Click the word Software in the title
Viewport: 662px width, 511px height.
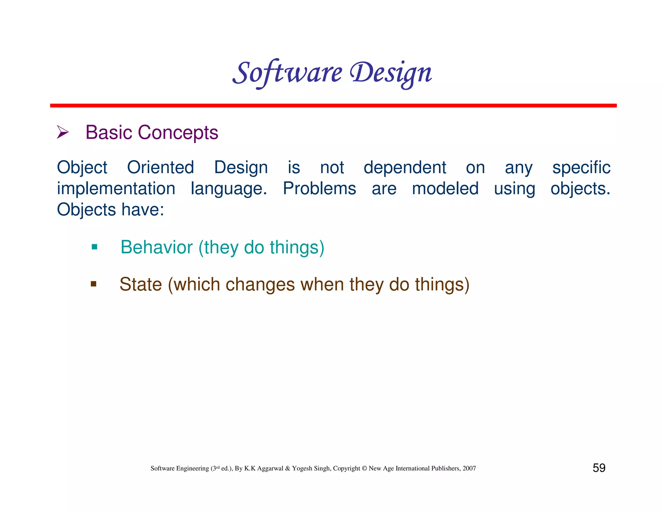coord(287,73)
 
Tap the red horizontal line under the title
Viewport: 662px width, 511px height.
coord(333,106)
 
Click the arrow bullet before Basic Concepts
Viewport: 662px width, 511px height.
coord(63,132)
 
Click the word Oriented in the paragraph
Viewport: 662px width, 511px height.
coord(160,168)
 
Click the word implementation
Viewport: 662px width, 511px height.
coord(116,189)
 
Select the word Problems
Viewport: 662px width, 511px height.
coord(319,189)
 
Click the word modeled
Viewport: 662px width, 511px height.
coord(445,189)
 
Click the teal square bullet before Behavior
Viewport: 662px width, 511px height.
coord(94,247)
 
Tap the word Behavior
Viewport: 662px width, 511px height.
coord(156,247)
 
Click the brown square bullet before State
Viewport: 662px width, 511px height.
coord(94,284)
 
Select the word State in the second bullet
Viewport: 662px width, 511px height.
coord(141,285)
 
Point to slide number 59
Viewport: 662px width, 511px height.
coord(599,468)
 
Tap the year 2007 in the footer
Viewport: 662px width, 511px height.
coord(469,468)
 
